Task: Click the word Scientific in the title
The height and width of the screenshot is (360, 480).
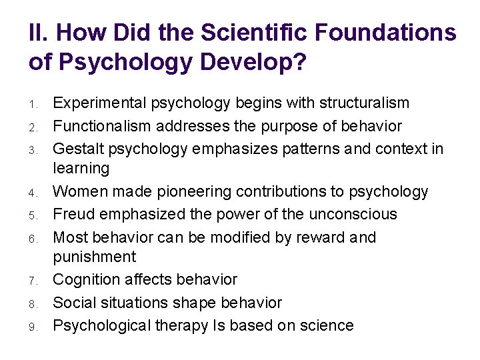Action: click(x=247, y=32)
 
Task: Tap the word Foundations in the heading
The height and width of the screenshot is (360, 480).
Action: click(x=383, y=32)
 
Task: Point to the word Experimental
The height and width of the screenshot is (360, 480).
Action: click(x=100, y=103)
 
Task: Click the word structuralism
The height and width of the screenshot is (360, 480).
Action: click(x=364, y=103)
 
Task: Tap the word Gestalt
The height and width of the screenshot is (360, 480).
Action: click(x=75, y=149)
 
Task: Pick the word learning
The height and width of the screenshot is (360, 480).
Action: click(x=81, y=168)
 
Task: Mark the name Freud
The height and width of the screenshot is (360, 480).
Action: click(x=72, y=214)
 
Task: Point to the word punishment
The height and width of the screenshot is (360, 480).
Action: click(x=94, y=257)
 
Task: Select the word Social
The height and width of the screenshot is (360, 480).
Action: click(x=71, y=303)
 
